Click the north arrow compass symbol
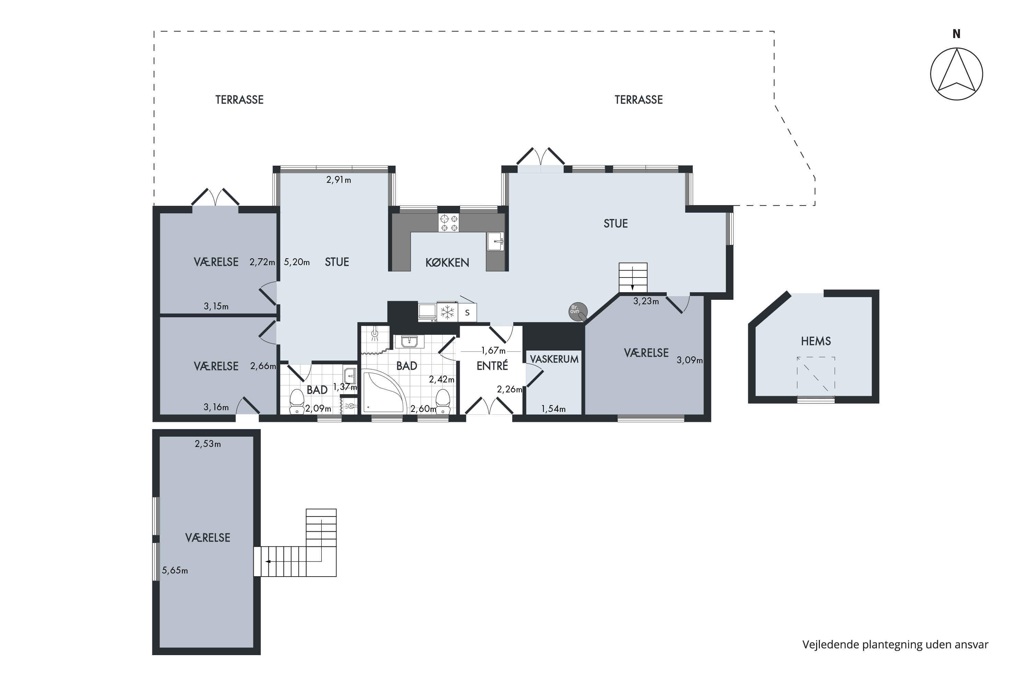[957, 73]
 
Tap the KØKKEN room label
[447, 262]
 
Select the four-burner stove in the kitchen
[448, 223]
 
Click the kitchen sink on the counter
[495, 241]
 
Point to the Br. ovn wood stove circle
[577, 311]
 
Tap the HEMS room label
[816, 341]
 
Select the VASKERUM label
[554, 359]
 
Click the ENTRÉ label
[492, 365]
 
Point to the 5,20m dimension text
[297, 262]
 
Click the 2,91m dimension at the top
[339, 180]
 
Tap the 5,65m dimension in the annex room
[175, 570]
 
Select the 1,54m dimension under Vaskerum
[553, 409]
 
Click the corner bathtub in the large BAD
[383, 391]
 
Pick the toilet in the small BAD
[297, 401]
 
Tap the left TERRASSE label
[240, 100]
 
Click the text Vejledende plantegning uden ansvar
[895, 644]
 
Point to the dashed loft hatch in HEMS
[816, 375]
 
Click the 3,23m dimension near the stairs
[646, 301]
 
